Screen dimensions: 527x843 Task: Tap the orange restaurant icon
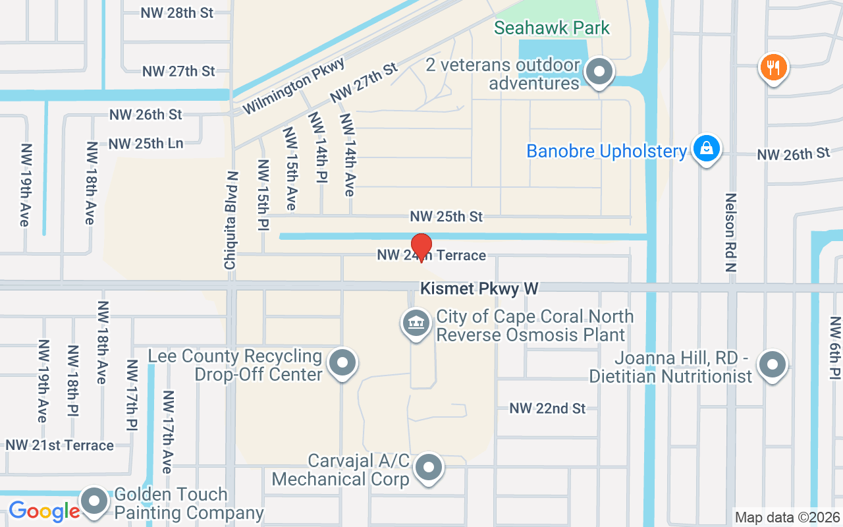(774, 67)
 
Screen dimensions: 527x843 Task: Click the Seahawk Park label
(552, 28)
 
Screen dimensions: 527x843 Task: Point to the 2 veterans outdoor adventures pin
(599, 72)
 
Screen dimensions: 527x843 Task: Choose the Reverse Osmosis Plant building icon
(416, 324)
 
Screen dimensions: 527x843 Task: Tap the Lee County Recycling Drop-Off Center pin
(342, 363)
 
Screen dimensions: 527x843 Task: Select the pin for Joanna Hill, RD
(772, 365)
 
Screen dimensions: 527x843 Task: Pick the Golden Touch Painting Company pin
(94, 501)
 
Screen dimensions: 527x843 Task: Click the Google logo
(44, 511)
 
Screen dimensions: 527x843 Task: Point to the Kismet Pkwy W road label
(479, 289)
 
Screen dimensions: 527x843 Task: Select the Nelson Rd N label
(730, 233)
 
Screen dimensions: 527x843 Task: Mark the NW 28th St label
(177, 13)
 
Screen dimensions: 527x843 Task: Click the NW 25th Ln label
(146, 144)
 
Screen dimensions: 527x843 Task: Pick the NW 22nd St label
(547, 408)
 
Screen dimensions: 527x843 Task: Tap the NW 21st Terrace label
(60, 445)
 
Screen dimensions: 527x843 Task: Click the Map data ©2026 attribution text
(788, 517)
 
